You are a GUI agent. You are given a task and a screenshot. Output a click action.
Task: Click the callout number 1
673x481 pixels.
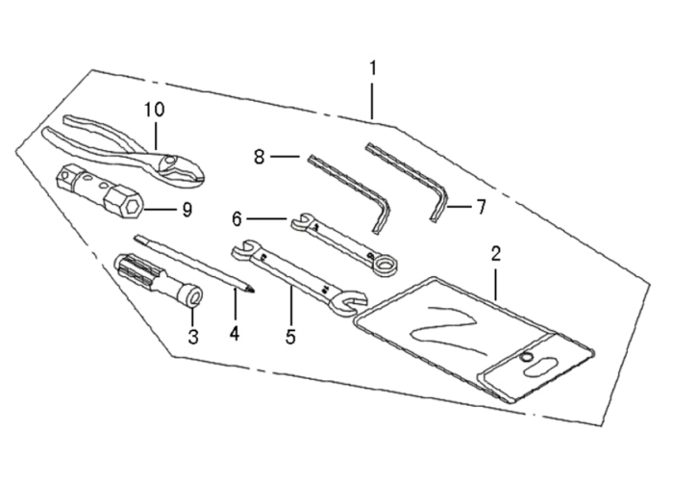coord(373,68)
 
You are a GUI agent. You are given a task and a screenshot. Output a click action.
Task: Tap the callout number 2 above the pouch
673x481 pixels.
coord(496,254)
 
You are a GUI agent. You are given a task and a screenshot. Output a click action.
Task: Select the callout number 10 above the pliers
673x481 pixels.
coord(154,110)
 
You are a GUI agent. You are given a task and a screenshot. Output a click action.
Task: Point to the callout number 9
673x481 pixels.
coord(187,210)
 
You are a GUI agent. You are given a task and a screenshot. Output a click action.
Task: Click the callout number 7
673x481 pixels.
coord(481,208)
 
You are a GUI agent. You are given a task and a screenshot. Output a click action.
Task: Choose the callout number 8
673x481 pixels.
coord(259,157)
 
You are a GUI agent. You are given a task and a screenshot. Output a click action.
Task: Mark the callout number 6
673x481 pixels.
coord(237,219)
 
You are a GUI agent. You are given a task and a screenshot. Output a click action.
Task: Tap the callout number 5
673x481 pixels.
coord(290,337)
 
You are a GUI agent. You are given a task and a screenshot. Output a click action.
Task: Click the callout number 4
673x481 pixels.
coord(235,333)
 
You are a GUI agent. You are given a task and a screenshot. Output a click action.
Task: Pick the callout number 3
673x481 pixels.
coord(193,337)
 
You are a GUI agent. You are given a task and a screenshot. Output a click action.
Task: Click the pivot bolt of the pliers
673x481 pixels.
coord(170,161)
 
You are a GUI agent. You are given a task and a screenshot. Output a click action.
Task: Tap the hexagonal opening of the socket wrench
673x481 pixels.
coord(132,209)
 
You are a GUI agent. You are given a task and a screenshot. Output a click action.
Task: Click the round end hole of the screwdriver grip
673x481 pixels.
coord(195,296)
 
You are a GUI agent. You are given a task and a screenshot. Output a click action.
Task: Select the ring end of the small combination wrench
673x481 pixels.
coord(385,265)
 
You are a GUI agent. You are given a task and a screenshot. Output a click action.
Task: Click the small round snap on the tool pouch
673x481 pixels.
coord(526,357)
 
